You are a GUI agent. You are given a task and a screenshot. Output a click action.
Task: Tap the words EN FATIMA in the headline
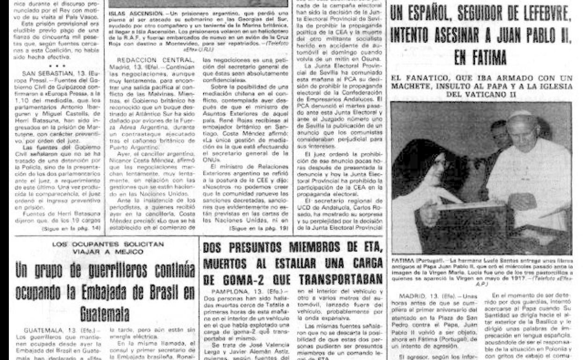point(480,58)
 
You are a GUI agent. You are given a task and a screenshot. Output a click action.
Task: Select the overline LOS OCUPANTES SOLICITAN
point(107,244)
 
